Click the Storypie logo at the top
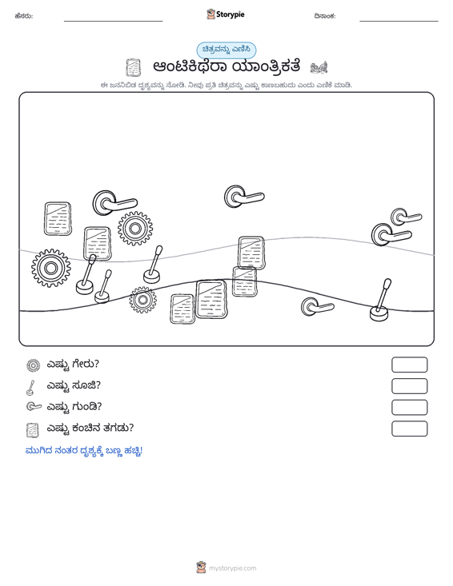click(225, 14)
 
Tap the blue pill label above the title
click(226, 50)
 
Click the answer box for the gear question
click(409, 365)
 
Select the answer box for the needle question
click(409, 386)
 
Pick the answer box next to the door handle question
click(409, 408)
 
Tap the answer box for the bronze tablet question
click(409, 429)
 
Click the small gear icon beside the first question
click(34, 365)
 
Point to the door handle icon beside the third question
click(34, 406)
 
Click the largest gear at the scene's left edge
click(51, 268)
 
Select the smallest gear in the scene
click(142, 300)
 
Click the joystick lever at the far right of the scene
click(380, 300)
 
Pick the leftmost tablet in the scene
click(58, 219)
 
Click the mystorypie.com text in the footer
click(233, 568)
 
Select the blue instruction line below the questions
click(84, 451)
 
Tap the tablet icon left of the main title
click(133, 67)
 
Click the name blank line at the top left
click(114, 21)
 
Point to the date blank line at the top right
click(399, 21)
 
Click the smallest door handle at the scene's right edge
click(406, 217)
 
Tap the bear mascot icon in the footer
click(201, 568)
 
